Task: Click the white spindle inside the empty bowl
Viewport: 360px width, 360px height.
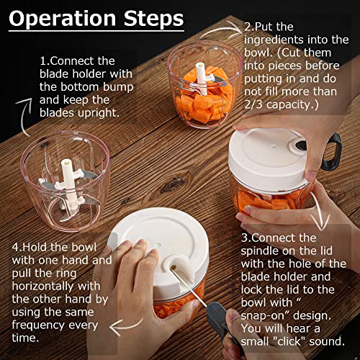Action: coord(68,174)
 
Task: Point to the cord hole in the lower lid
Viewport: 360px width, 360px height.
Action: coord(174,268)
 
